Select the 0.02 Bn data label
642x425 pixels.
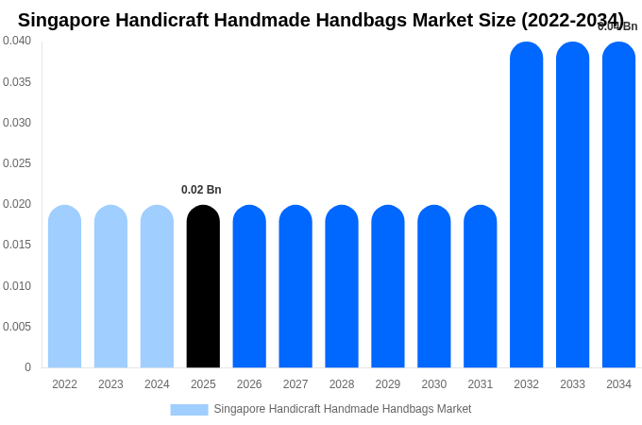point(201,190)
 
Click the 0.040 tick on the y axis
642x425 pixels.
point(17,41)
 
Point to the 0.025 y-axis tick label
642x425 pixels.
point(17,163)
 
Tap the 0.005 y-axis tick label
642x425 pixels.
point(17,327)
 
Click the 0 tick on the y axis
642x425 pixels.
point(27,367)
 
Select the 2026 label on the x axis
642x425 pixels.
point(249,384)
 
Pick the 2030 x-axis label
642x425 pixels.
point(434,384)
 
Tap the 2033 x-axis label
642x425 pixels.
point(572,384)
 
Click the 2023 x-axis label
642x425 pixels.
point(110,384)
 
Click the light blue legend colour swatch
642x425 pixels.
point(189,410)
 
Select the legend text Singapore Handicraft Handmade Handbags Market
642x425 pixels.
point(342,409)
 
